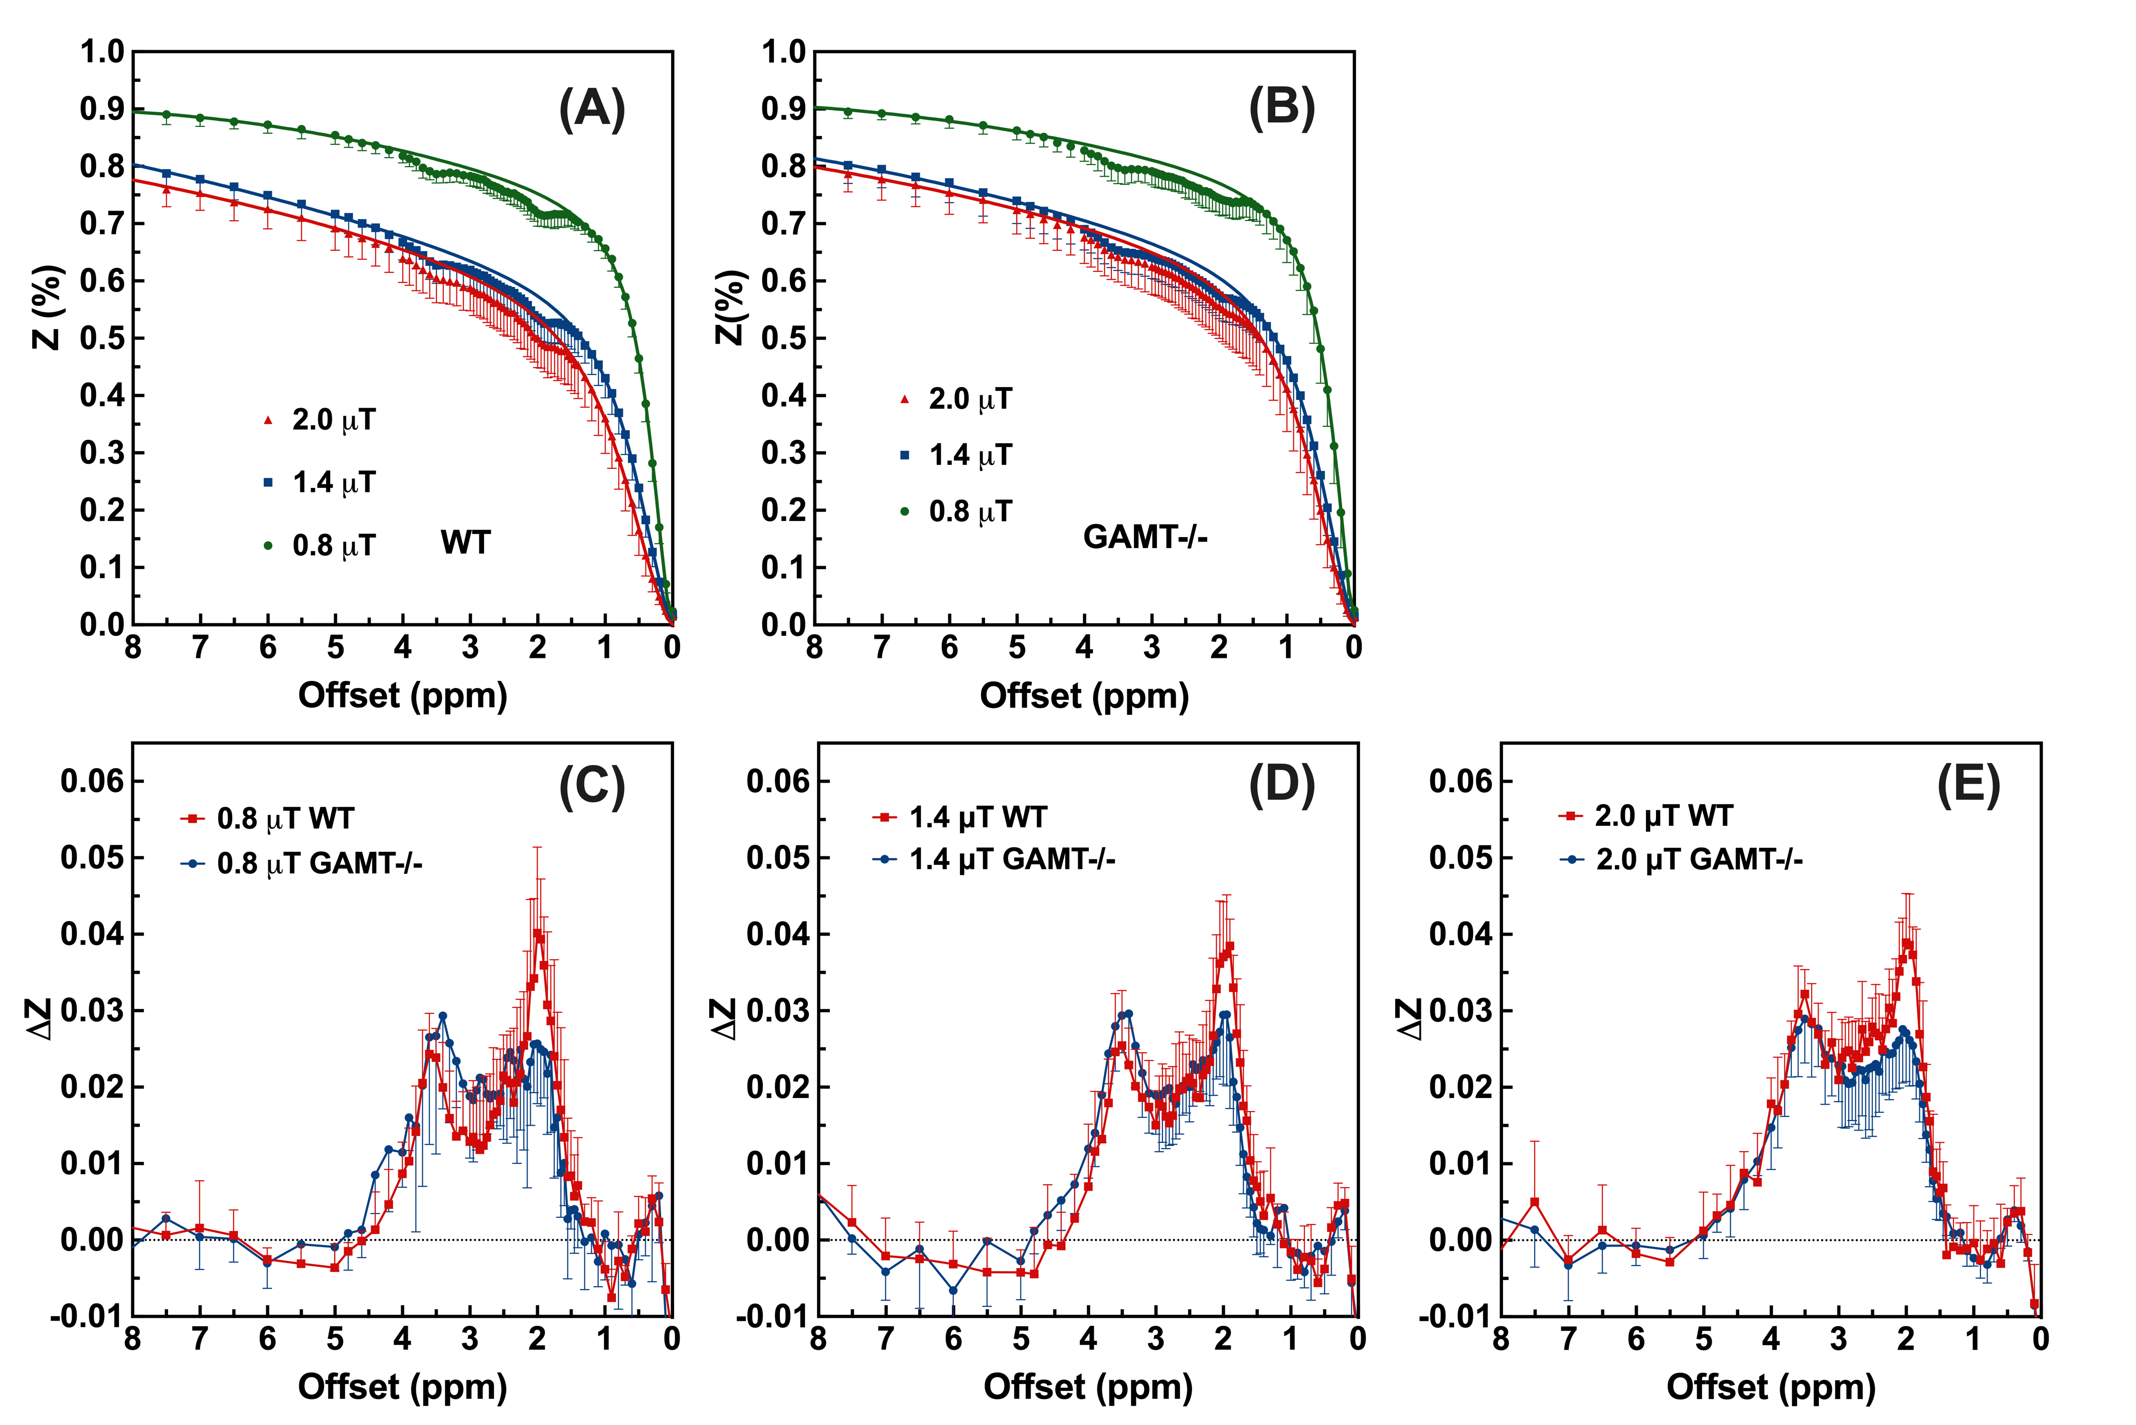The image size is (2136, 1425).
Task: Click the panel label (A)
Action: (x=592, y=109)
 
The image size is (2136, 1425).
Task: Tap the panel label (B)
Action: (x=1281, y=109)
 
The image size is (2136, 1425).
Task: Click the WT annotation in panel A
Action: (x=465, y=543)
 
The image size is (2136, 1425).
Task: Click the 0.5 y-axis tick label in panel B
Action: (x=783, y=338)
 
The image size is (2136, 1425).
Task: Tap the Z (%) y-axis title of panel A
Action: (x=47, y=307)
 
